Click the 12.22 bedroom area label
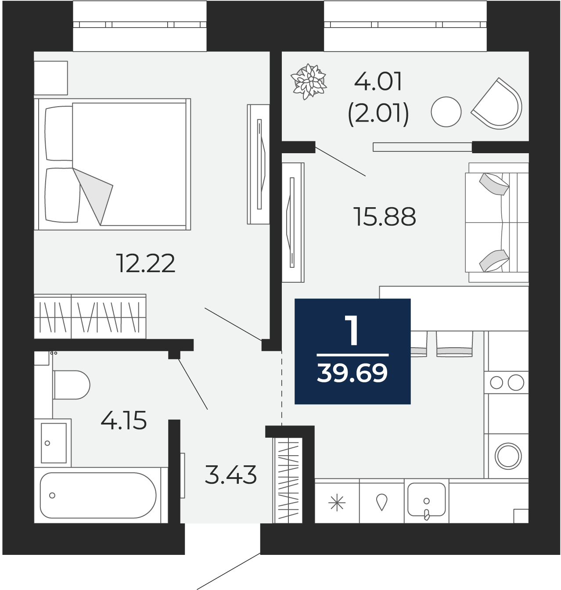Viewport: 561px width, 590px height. [146, 263]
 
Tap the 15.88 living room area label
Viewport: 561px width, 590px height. [385, 216]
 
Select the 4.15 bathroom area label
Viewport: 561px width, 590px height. [124, 420]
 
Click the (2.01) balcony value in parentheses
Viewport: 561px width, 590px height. [378, 113]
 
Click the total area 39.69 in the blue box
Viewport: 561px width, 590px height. [352, 373]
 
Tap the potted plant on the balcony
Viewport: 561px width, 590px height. [309, 81]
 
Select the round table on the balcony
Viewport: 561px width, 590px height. [446, 112]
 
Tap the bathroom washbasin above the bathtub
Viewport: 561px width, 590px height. [53, 442]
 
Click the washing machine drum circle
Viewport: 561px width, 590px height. [508, 456]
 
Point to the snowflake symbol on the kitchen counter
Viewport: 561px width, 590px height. [337, 502]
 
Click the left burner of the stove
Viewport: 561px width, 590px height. [496, 383]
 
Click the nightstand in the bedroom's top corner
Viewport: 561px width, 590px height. [51, 78]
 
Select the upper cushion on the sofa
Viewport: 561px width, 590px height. [494, 184]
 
